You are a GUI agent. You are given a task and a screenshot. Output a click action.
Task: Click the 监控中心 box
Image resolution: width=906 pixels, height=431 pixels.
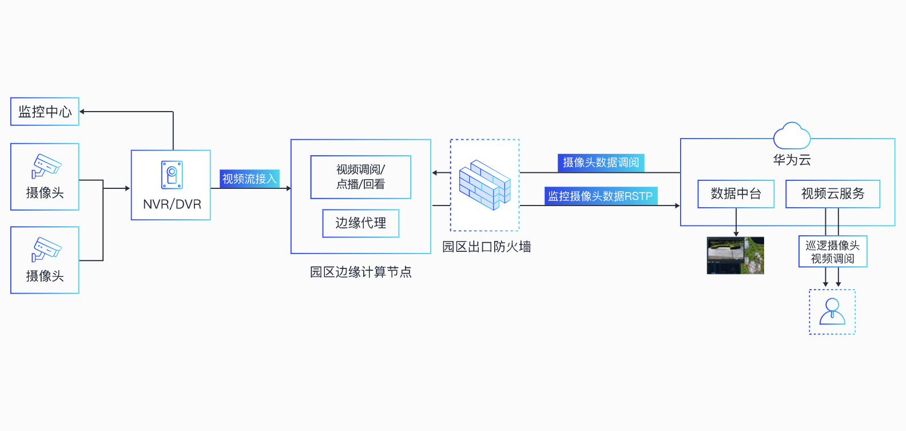click(x=45, y=112)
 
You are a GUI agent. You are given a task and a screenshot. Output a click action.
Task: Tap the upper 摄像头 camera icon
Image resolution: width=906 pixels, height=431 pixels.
click(x=46, y=166)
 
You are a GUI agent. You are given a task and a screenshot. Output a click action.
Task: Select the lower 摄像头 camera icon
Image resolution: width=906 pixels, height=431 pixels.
click(x=46, y=249)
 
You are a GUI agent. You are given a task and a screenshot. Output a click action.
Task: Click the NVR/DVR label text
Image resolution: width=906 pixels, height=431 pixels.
click(x=172, y=204)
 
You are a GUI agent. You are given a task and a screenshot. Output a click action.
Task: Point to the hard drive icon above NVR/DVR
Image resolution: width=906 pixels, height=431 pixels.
click(x=172, y=175)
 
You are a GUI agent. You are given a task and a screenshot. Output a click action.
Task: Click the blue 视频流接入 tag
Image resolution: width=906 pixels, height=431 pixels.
click(x=249, y=179)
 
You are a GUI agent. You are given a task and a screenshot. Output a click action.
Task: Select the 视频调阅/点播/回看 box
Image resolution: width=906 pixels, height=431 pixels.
click(x=360, y=177)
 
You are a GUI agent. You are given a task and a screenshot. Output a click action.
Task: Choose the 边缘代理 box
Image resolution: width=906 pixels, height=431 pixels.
click(x=360, y=223)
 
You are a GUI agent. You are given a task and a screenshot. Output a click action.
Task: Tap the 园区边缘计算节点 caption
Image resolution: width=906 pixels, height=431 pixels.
click(x=360, y=272)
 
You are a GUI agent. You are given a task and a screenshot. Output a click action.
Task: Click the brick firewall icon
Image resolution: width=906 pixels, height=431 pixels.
click(x=484, y=185)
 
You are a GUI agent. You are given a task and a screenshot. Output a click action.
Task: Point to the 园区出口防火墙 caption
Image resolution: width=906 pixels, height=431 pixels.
click(x=486, y=247)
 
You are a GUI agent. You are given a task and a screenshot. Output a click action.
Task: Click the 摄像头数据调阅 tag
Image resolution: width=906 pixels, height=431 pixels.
click(x=601, y=163)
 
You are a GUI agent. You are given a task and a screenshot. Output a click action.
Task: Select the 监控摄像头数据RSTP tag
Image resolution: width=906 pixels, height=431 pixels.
click(x=601, y=196)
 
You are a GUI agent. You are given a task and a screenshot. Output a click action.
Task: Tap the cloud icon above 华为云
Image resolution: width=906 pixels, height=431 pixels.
click(x=792, y=136)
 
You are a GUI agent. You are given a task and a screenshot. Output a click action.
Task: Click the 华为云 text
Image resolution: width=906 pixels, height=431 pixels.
click(x=792, y=160)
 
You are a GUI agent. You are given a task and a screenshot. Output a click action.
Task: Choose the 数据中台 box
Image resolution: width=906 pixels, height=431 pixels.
click(x=736, y=194)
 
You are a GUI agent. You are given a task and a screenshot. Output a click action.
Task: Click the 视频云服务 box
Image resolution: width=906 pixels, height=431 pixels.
click(x=832, y=194)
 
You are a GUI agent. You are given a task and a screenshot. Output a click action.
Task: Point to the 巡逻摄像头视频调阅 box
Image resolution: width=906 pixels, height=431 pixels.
click(x=832, y=252)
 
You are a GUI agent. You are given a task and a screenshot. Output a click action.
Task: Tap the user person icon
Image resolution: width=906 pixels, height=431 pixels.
click(x=832, y=311)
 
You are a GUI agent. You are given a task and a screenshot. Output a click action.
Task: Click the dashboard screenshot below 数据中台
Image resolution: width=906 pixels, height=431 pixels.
click(x=736, y=255)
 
